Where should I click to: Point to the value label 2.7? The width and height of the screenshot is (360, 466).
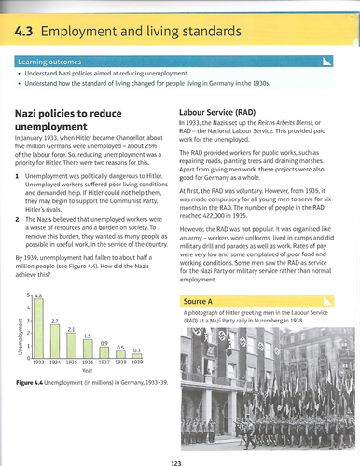point(54,295)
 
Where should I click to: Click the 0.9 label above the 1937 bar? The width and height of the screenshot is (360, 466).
point(104,343)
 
